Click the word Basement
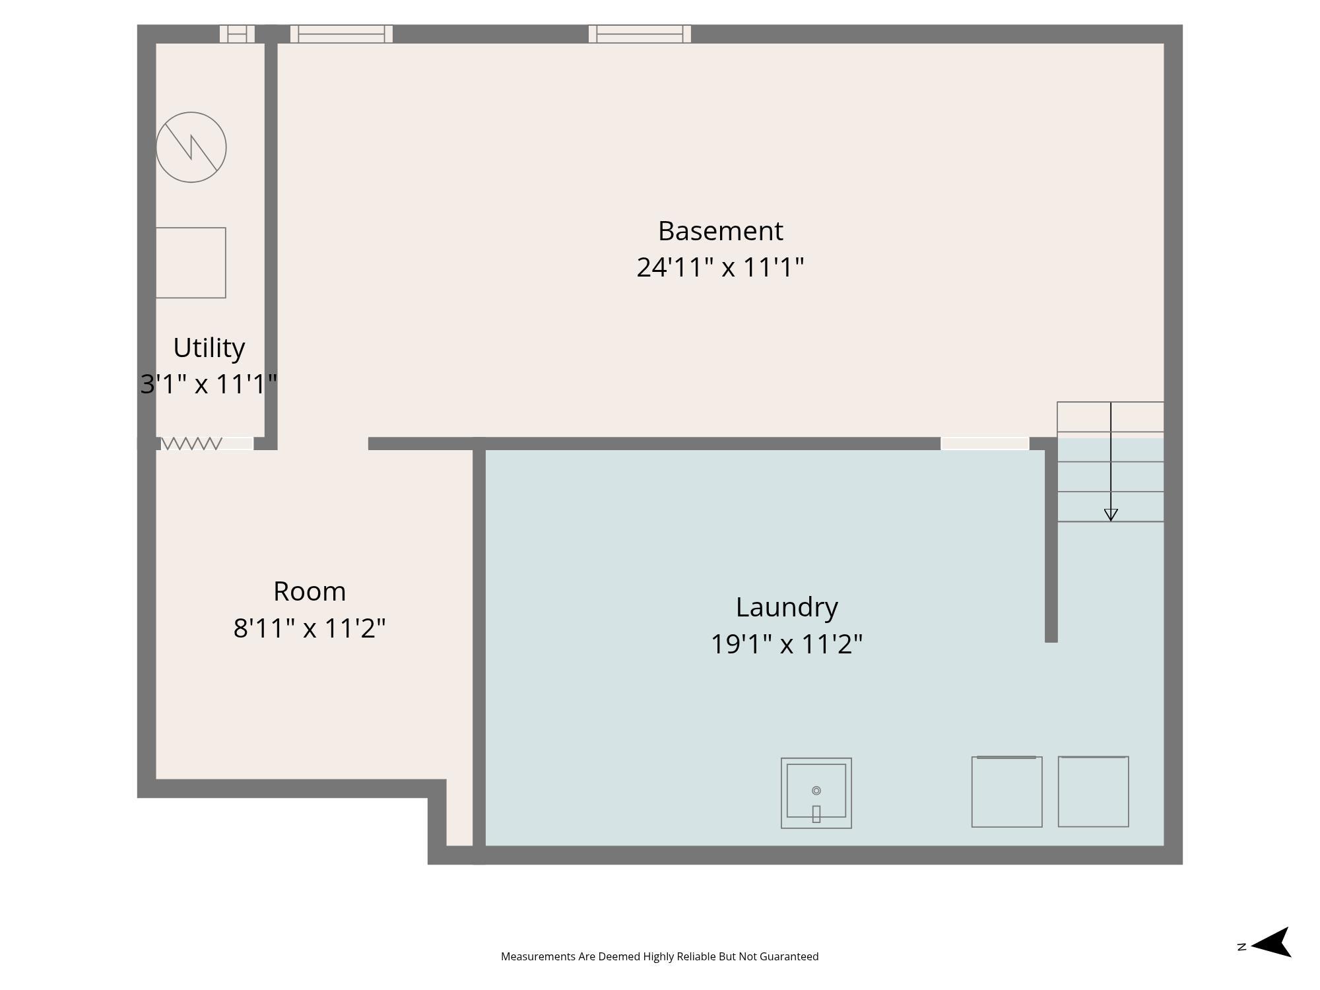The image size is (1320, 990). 720,231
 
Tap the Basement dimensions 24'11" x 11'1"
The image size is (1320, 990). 720,267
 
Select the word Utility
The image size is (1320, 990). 209,348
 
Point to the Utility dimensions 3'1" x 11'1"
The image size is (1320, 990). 209,384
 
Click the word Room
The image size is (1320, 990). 310,591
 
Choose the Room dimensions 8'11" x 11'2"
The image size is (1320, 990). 310,628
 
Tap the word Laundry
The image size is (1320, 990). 787,608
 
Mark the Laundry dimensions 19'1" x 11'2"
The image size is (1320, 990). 787,644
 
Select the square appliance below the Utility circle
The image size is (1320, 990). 191,263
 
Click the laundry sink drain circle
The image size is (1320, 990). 816,791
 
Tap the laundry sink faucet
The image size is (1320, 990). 816,814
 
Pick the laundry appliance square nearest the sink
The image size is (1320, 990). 1006,791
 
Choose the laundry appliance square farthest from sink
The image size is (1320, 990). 1093,791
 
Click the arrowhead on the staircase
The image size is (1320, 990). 1111,515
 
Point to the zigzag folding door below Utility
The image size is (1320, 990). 191,444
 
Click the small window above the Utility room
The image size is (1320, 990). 237,34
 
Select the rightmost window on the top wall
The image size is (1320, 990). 640,34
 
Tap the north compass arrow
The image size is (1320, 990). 1270,942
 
